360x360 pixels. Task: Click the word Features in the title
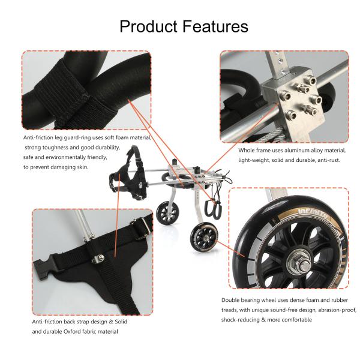point(212,26)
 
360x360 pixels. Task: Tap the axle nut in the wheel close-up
point(298,259)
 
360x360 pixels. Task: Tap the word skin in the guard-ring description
point(82,167)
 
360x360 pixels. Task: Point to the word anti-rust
point(332,160)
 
